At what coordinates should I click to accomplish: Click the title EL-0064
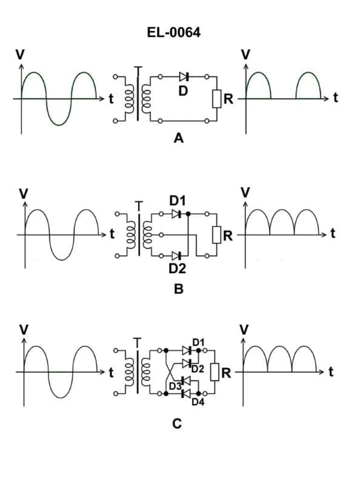(173, 32)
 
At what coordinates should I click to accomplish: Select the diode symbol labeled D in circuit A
(184, 77)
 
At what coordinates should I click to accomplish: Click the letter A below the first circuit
(178, 139)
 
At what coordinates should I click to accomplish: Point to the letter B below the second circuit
(178, 289)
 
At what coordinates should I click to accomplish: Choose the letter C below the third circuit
(177, 424)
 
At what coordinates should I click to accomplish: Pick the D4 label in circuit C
(198, 401)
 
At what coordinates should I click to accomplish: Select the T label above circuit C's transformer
(139, 341)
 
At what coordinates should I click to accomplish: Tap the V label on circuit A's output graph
(245, 54)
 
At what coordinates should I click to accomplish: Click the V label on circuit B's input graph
(24, 193)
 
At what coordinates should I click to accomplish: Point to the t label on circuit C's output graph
(330, 372)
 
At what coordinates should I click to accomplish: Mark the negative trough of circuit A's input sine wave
(59, 123)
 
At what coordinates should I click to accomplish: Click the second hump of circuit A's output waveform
(308, 75)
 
